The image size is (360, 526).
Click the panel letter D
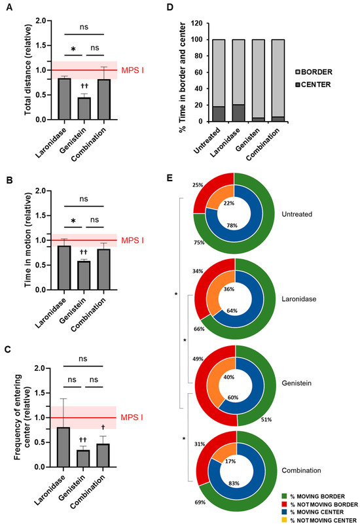[187, 9]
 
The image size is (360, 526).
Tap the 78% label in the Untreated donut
[230, 225]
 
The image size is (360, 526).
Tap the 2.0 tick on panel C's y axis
[40, 368]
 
